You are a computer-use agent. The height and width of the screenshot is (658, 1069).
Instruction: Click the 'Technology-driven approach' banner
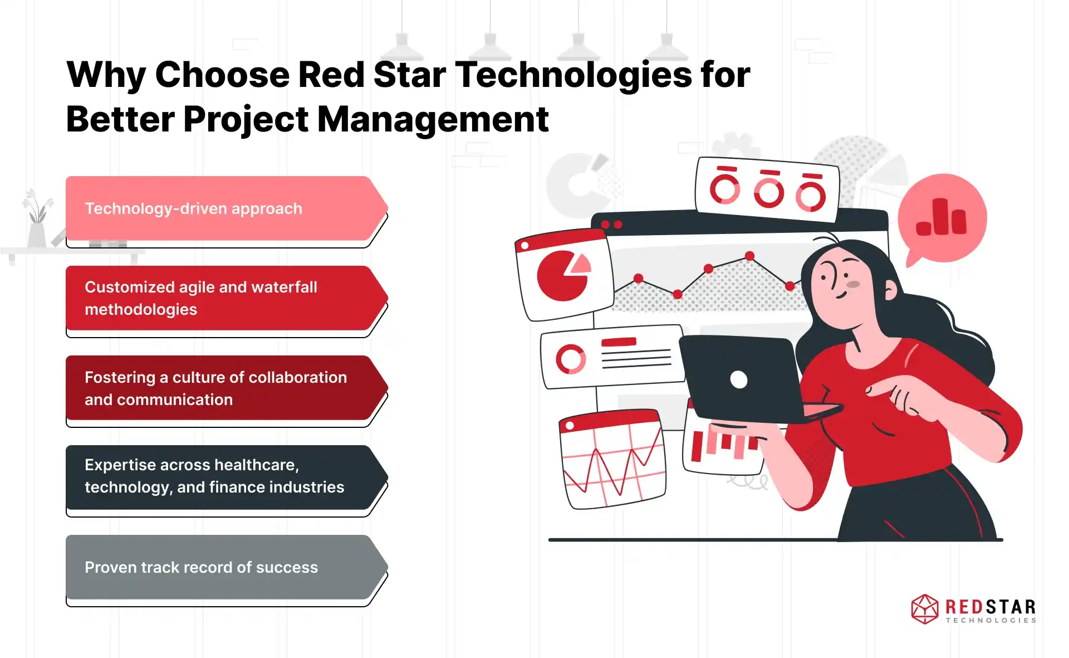coord(225,208)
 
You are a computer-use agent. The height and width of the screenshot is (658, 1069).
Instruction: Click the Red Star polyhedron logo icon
coord(925,609)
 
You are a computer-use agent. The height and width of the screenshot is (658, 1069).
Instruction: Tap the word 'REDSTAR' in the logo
coord(990,606)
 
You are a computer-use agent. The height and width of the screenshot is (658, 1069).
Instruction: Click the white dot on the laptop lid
coord(739,379)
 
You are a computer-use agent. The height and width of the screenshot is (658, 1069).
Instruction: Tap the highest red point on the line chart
coord(749,256)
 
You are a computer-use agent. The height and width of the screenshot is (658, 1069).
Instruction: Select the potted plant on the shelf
coord(37,218)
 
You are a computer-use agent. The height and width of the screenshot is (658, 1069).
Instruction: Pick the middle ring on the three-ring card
coord(769,190)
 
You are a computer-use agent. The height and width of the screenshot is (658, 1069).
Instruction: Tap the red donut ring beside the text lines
coord(571,359)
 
